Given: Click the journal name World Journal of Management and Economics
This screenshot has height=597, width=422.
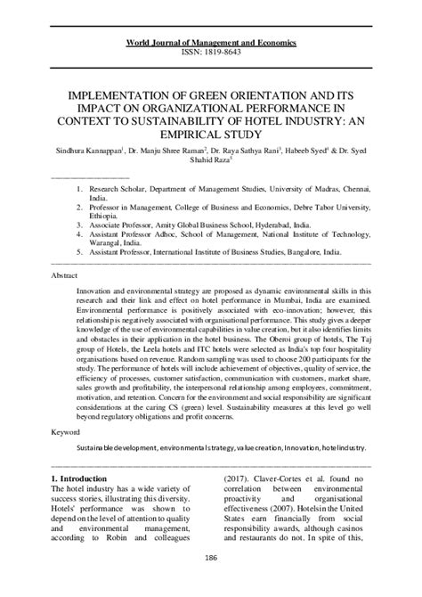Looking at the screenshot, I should point(211,42).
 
